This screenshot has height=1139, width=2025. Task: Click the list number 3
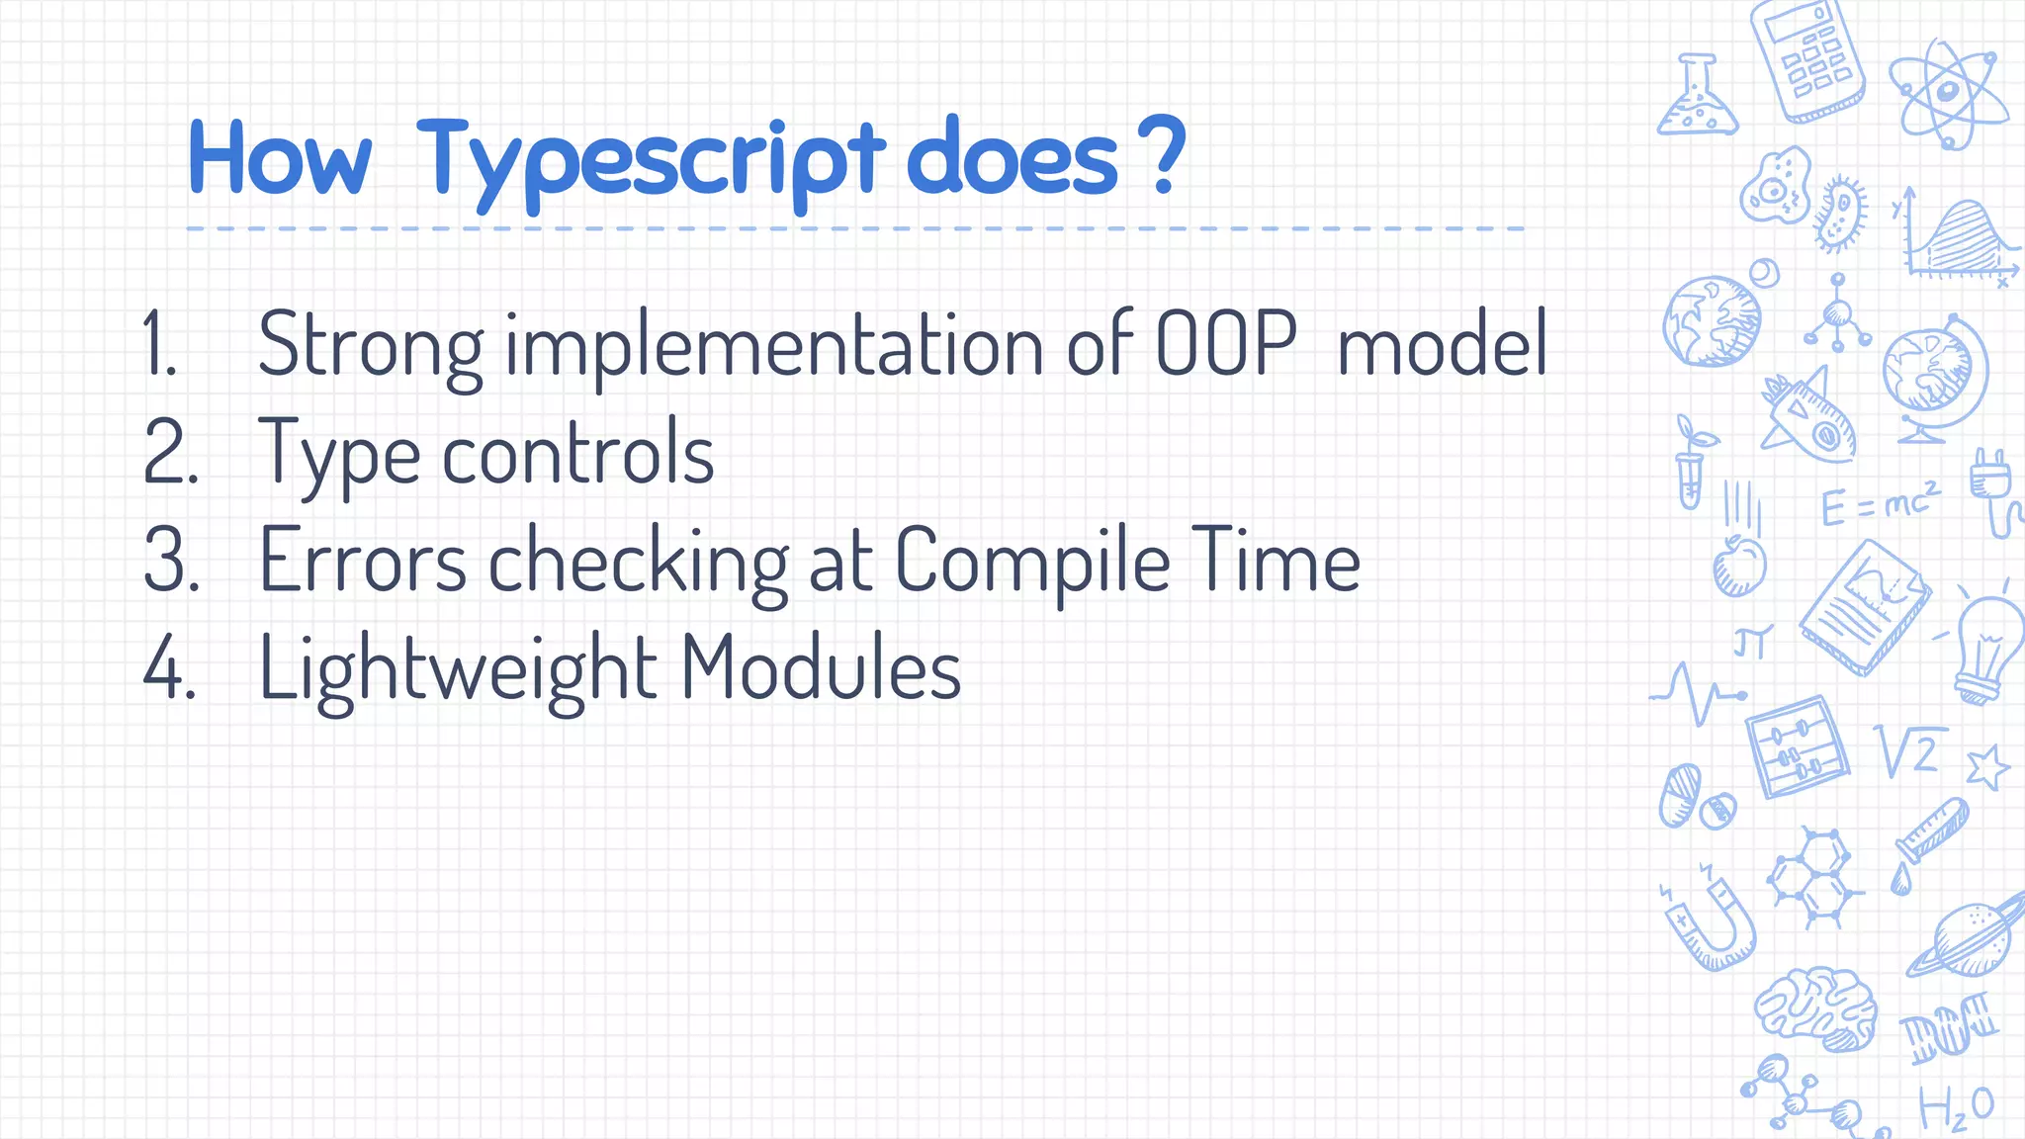(170, 560)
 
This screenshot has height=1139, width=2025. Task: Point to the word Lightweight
(457, 668)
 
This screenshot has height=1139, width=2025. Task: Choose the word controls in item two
(577, 453)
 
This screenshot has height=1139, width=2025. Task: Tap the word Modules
(820, 668)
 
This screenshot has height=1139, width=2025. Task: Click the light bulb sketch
(1987, 648)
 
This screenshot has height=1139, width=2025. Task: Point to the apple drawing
(1738, 566)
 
